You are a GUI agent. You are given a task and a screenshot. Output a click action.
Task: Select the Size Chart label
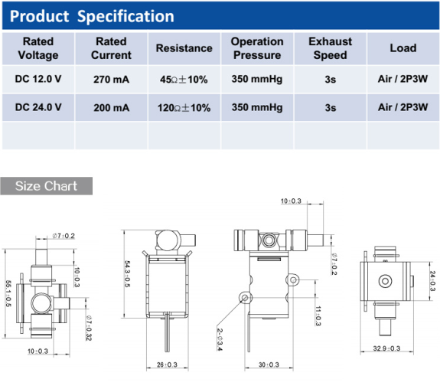[46, 186]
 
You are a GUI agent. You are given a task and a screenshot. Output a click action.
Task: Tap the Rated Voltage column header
[37, 48]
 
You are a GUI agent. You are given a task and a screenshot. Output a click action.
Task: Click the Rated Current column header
[111, 48]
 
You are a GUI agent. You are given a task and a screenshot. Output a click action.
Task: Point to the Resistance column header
[184, 48]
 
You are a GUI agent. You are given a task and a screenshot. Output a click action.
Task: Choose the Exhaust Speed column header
[330, 48]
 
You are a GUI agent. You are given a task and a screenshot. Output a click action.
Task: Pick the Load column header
[403, 48]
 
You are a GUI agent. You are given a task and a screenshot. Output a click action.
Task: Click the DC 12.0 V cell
[37, 78]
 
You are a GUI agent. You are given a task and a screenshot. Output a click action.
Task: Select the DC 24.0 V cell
[37, 107]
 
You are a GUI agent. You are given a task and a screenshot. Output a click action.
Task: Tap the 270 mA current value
[111, 78]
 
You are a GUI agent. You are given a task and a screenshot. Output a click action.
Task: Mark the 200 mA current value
[111, 107]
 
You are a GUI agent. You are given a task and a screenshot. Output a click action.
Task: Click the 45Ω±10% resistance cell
[184, 78]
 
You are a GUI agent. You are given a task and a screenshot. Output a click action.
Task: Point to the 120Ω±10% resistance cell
[184, 107]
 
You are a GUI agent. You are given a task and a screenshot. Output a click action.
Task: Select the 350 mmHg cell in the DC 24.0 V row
[257, 107]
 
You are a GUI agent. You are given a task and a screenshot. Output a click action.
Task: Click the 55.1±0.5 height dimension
[8, 293]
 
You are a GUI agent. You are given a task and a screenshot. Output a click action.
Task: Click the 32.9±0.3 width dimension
[387, 348]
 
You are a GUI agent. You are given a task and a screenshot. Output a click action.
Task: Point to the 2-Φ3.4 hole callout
[220, 339]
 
